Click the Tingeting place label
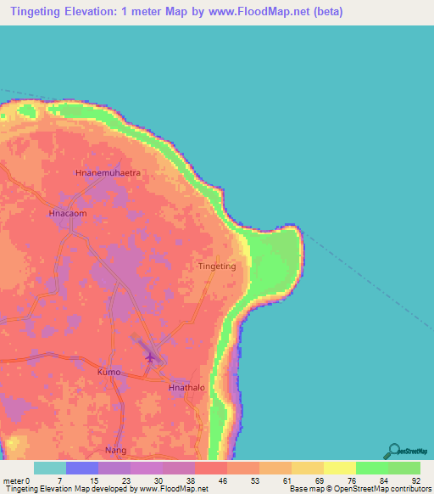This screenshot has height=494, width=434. pyautogui.click(x=216, y=266)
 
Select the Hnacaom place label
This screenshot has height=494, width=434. pyautogui.click(x=68, y=214)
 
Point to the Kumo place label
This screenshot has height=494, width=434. pyautogui.click(x=108, y=373)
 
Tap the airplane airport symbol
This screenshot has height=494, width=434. pyautogui.click(x=152, y=356)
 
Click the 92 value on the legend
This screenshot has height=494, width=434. pyautogui.click(x=415, y=480)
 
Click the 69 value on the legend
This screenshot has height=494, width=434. pyautogui.click(x=319, y=480)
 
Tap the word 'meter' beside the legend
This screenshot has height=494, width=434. pyautogui.click(x=14, y=480)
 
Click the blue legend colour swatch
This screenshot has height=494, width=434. pyautogui.click(x=82, y=468)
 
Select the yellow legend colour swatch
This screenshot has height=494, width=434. pyautogui.click(x=339, y=468)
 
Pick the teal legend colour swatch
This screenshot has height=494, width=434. pyautogui.click(x=50, y=468)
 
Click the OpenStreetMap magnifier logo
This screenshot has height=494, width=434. pyautogui.click(x=393, y=451)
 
